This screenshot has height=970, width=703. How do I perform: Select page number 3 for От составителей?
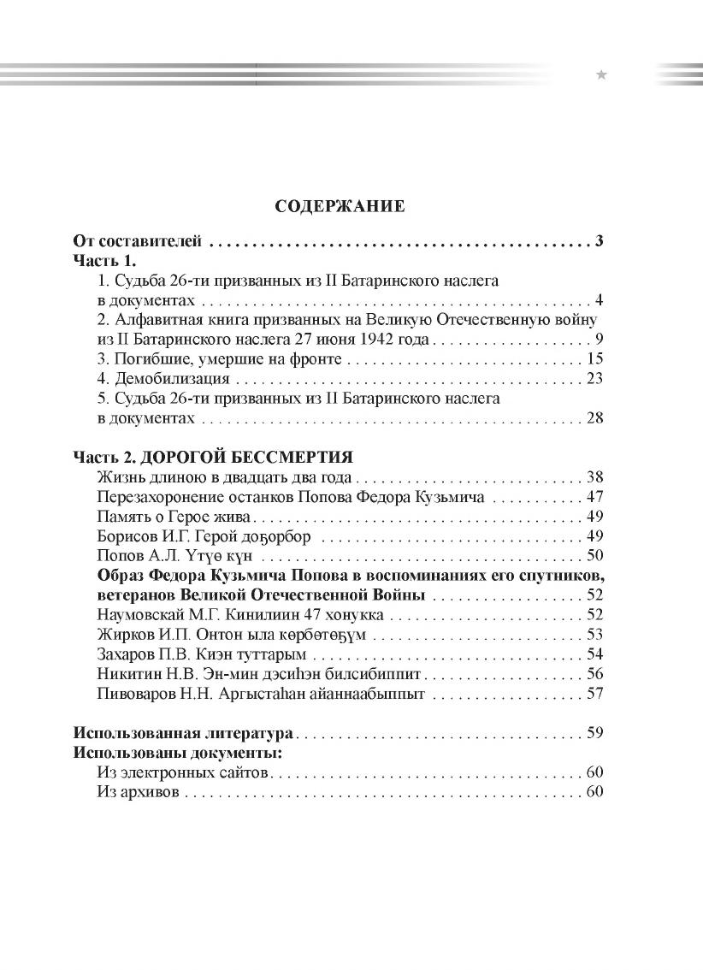pos(600,241)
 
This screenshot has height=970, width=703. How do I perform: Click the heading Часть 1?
pos(104,260)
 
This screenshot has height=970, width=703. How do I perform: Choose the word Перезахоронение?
pos(162,496)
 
